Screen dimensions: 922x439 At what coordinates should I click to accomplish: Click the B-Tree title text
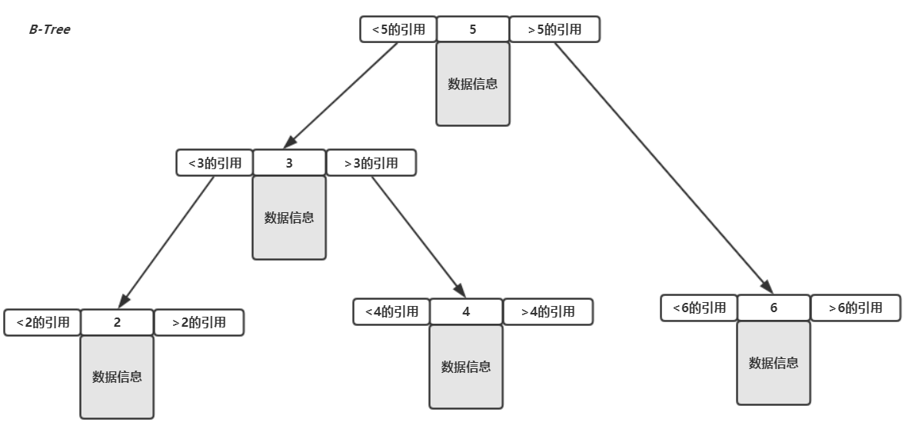[x=49, y=29]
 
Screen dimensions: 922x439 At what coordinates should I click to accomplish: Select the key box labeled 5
[x=473, y=29]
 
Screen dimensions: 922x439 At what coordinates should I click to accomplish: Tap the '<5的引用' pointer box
[x=398, y=29]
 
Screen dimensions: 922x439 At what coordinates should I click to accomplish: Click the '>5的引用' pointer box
[x=554, y=29]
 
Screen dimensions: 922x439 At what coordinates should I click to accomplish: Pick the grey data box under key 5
[x=473, y=84]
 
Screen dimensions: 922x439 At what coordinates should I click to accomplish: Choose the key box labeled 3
[x=289, y=163]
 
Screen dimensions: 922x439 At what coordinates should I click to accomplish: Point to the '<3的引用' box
[x=215, y=163]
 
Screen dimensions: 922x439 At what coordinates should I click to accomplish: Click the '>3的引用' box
[x=371, y=163]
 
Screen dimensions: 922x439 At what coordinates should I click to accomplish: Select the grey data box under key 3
[x=289, y=218]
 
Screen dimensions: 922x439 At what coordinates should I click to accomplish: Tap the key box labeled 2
[x=117, y=322]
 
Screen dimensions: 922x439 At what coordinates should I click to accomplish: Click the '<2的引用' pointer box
[x=42, y=322]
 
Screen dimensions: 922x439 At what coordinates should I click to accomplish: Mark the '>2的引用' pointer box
[x=198, y=322]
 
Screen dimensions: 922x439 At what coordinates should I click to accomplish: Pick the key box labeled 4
[x=466, y=311]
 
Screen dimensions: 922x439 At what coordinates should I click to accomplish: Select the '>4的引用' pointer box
[x=548, y=311]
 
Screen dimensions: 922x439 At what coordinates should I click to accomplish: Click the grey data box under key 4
[x=466, y=367]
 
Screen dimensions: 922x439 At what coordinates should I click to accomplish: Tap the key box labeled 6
[x=774, y=308]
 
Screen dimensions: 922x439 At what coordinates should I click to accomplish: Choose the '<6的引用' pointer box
[x=699, y=308]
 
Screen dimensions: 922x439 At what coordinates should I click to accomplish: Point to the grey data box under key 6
[x=774, y=363]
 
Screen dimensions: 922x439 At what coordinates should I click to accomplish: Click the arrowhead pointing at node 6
[x=767, y=286]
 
